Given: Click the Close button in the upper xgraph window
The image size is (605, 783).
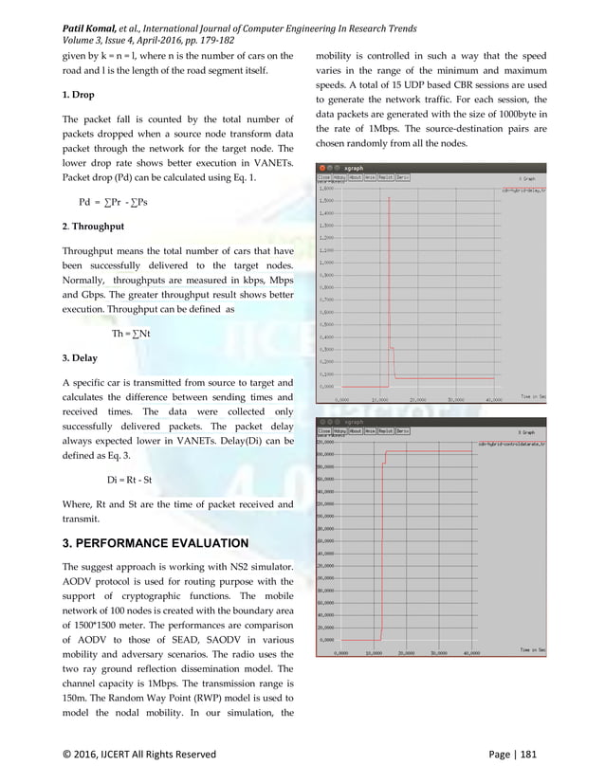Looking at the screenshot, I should click(x=323, y=177).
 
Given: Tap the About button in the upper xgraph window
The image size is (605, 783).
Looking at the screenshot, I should click(x=355, y=177).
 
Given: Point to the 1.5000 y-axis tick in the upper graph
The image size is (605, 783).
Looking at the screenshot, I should click(x=327, y=201).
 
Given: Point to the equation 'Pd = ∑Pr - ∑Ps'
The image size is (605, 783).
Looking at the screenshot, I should click(x=119, y=202).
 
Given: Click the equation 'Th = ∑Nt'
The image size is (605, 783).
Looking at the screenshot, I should click(x=131, y=334).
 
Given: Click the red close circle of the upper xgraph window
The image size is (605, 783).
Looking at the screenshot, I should click(x=321, y=169).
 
